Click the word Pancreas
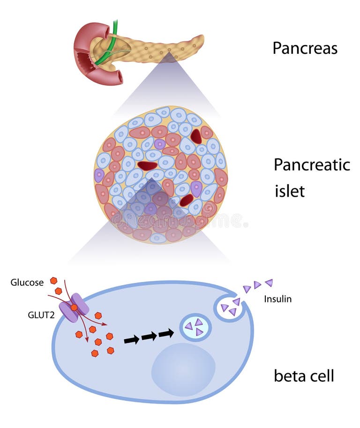(x=305, y=48)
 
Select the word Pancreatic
(x=312, y=165)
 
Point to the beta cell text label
(x=304, y=376)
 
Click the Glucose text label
(x=27, y=282)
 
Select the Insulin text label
(x=277, y=299)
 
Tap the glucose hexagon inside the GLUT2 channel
(x=74, y=307)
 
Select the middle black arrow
(x=149, y=336)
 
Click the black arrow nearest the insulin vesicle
(x=166, y=333)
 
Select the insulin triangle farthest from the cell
(x=269, y=282)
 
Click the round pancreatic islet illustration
(x=160, y=174)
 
